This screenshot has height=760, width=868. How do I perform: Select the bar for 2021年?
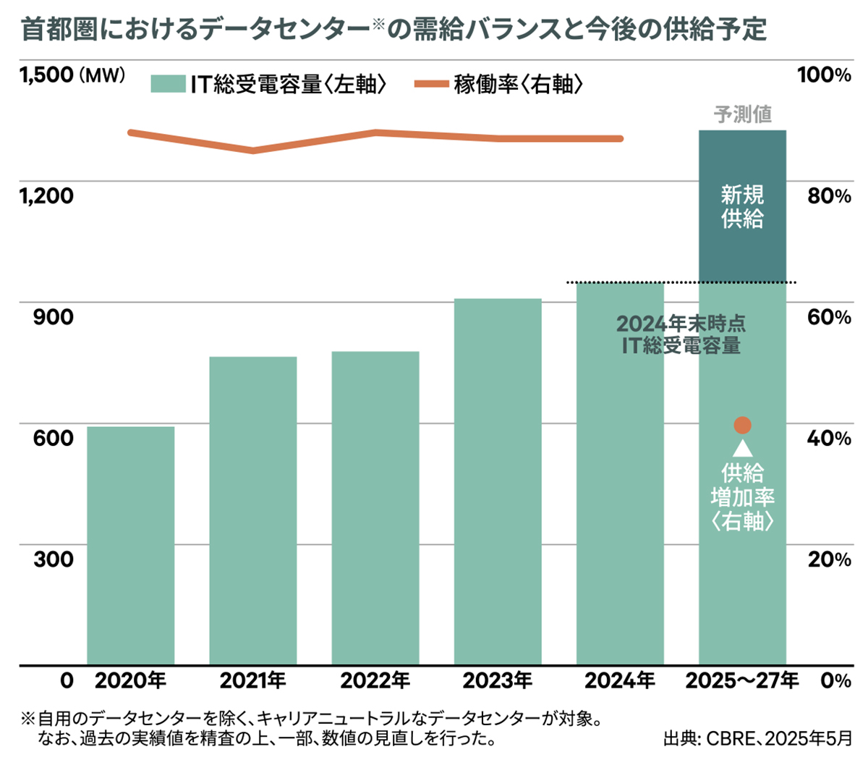[252, 510]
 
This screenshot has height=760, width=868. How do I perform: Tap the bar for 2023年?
[498, 481]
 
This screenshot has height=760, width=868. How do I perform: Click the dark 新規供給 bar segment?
[742, 206]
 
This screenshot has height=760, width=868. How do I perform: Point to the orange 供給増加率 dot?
[742, 425]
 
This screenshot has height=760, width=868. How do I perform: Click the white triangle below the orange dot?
[742, 449]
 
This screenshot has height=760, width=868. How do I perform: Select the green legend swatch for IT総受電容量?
[168, 85]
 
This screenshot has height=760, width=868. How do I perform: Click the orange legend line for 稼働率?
[431, 85]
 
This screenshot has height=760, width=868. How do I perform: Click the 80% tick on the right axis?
[829, 195]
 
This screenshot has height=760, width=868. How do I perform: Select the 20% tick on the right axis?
[829, 559]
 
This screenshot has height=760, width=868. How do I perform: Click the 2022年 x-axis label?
[375, 680]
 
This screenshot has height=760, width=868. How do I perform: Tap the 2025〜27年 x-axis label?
[742, 680]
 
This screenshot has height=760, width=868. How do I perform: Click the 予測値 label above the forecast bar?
[742, 114]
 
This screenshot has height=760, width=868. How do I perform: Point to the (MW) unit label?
[102, 75]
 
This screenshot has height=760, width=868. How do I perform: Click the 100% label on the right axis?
[824, 75]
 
